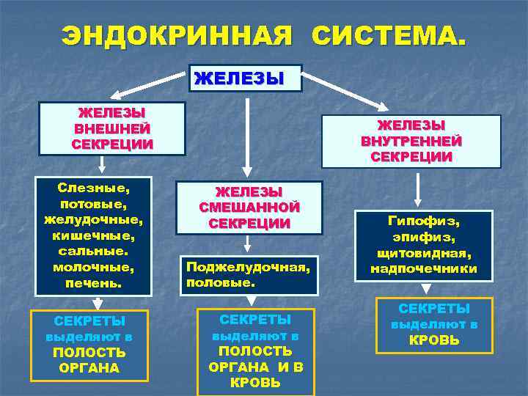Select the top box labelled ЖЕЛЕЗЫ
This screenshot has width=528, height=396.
coord(246,78)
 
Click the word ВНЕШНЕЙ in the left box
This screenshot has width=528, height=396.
coord(112,128)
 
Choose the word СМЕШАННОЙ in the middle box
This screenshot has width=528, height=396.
coord(249,208)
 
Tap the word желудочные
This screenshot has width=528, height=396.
coord(93,219)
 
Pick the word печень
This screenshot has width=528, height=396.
coord(93,282)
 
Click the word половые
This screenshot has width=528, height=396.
coord(220,282)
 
